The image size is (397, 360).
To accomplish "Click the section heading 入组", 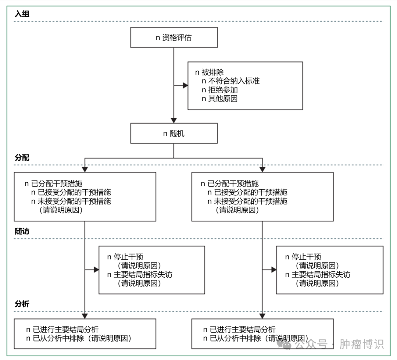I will point(22,14).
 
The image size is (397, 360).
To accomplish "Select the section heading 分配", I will point(22,158).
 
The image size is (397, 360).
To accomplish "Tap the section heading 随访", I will point(22,231).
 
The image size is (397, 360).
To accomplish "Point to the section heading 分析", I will point(22,304).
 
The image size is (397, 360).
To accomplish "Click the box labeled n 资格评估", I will point(174,38).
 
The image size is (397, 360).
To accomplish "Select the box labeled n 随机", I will point(174,133).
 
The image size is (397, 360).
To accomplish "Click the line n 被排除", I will point(209,72).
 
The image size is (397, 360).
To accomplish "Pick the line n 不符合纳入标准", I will point(230,81).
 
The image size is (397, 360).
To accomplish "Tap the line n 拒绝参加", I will point(220,90).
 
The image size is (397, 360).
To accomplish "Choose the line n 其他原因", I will point(220,99).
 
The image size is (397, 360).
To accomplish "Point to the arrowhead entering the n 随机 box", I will point(174,120).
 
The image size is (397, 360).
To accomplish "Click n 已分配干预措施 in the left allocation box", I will point(53,183).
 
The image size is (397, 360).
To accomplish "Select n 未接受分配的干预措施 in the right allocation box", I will point(247,201).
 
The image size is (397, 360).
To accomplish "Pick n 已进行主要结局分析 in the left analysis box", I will point(62,329).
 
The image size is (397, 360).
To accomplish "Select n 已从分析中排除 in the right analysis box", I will point(255,338).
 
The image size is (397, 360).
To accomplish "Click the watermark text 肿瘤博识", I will point(362,344).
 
